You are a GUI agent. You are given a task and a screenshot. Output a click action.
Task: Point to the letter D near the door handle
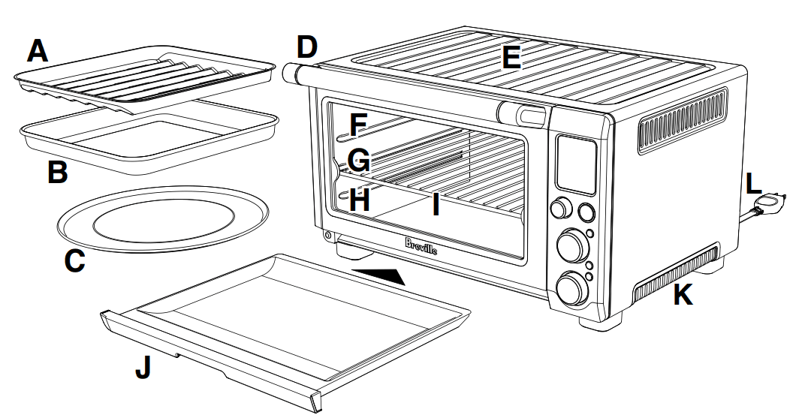point(306,47)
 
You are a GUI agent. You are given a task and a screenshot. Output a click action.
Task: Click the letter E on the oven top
point(511,57)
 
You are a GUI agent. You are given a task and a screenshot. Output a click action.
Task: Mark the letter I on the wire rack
point(435,203)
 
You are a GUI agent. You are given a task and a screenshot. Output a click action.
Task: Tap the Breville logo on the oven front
point(421,245)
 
